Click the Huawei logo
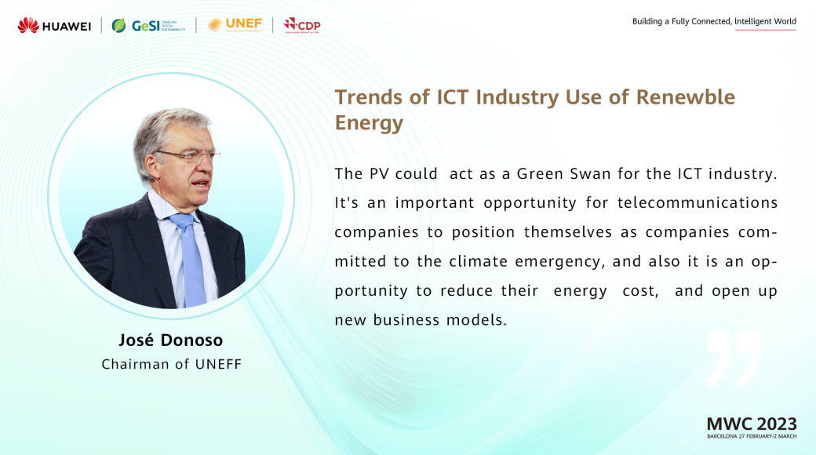coord(54,26)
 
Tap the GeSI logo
coord(148,26)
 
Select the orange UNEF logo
coord(235,24)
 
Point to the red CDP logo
coord(302,25)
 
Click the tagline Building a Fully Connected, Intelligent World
coord(714,21)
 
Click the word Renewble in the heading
coord(686,96)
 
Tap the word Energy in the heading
coord(369,123)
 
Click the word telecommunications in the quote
coord(698,202)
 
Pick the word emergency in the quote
coord(560,261)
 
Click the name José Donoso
coord(171,340)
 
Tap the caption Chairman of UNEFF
coord(172,364)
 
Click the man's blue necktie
coord(190,259)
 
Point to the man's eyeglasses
coord(188,155)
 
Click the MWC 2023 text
coord(752,424)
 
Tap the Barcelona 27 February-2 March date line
coord(752,436)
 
